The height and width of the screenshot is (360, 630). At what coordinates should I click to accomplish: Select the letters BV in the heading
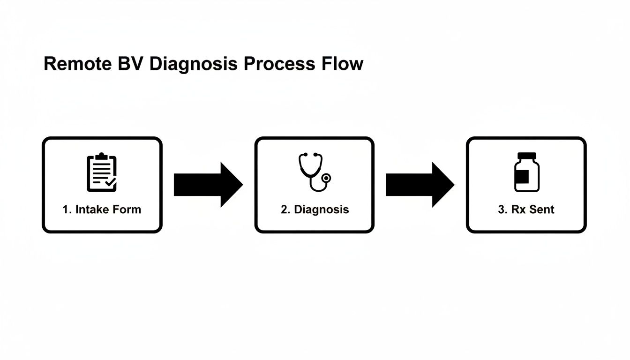(126, 64)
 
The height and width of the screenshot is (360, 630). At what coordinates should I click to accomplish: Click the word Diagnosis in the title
(194, 64)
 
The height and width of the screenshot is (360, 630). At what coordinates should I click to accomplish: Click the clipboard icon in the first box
(102, 172)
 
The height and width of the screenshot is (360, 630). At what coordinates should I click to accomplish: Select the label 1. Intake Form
(102, 209)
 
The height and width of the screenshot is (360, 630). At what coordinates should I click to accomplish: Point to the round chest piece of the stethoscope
(326, 178)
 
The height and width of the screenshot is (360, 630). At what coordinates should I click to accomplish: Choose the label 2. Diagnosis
(315, 209)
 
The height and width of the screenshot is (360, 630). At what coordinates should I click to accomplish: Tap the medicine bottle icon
(526, 172)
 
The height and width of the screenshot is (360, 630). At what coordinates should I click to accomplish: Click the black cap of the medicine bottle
(526, 156)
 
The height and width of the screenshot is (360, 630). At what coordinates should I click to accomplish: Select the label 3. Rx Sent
(526, 209)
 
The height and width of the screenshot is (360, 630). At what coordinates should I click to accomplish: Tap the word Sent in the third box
(541, 209)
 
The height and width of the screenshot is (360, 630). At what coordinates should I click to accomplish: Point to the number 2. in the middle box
(285, 209)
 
